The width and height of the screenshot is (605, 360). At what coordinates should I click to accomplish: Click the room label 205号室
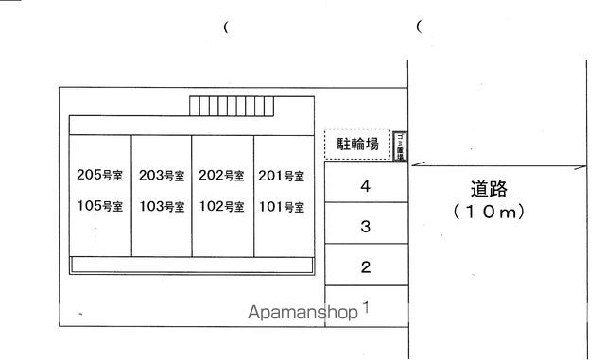point(99,175)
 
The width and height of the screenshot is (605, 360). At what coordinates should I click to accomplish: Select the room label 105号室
point(99,206)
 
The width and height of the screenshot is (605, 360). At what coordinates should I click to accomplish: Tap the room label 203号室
point(162,175)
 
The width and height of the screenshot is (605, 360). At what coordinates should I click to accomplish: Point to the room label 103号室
point(162,206)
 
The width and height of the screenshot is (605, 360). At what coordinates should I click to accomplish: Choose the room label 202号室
point(221,175)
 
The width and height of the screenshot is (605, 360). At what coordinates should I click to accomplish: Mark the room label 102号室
point(221,206)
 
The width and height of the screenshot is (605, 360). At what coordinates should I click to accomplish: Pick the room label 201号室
point(281,175)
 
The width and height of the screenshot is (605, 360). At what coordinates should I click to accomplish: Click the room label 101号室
point(281,206)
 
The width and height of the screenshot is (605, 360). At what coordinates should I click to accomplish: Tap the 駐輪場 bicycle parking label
point(358,145)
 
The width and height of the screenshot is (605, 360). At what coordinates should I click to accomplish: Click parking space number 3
point(365,227)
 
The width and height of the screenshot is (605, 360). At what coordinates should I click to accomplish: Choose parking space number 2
point(365,267)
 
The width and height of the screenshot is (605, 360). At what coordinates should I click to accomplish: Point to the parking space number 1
point(365,307)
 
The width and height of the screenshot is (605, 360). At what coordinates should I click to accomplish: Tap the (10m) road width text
point(488,213)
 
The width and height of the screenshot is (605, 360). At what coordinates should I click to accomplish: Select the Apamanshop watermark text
point(302,313)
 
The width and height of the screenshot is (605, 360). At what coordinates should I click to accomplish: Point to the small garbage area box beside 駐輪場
point(401,146)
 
